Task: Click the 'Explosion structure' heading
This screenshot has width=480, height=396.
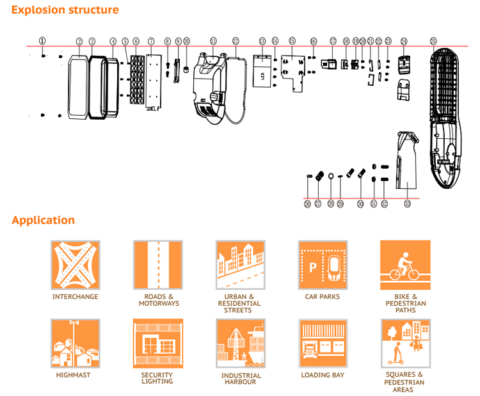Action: pos(65,10)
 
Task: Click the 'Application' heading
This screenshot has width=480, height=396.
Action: pos(43,221)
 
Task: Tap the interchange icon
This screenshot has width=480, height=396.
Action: pos(76,265)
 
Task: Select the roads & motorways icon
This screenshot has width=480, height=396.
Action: pos(158,265)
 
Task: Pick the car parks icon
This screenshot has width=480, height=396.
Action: pos(323,265)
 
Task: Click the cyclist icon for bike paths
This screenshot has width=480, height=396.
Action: pos(405,265)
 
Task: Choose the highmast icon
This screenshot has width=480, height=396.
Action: pos(76,344)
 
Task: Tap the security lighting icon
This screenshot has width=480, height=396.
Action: pos(158,344)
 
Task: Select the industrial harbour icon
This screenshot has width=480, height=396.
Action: pos(241,344)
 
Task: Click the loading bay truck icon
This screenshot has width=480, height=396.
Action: pos(323,344)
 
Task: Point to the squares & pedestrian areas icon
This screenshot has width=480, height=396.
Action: pos(405,344)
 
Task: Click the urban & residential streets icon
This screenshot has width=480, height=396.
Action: pos(241,265)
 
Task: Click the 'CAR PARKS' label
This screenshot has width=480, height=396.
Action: pos(323,297)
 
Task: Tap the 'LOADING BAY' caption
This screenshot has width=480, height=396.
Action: pos(323,375)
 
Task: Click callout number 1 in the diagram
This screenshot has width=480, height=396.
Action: pos(42,40)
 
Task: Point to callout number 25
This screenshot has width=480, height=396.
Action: pos(434,41)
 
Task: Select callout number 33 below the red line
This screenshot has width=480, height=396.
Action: pos(408,204)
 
